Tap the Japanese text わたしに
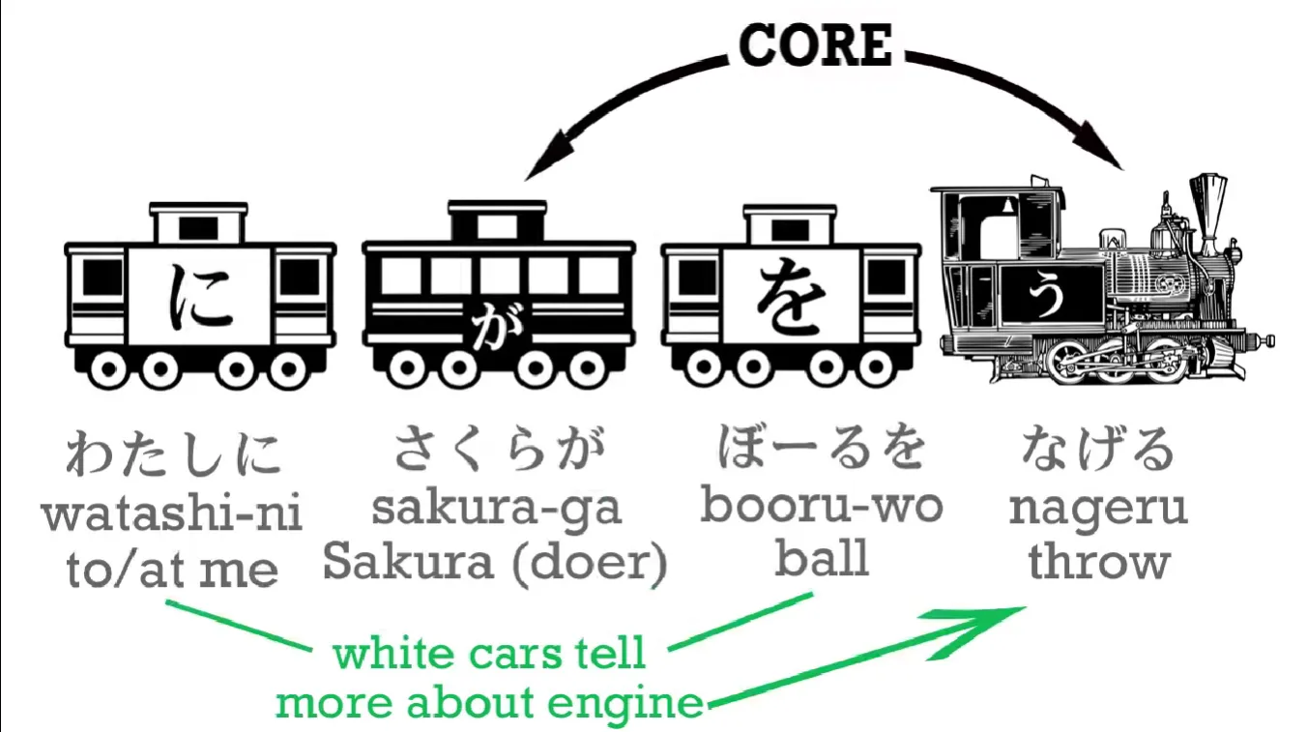point(172,453)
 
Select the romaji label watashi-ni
point(172,513)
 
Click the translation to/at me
point(172,570)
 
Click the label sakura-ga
point(497,510)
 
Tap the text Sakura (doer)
point(495,563)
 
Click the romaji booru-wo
point(821,506)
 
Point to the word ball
point(821,559)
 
